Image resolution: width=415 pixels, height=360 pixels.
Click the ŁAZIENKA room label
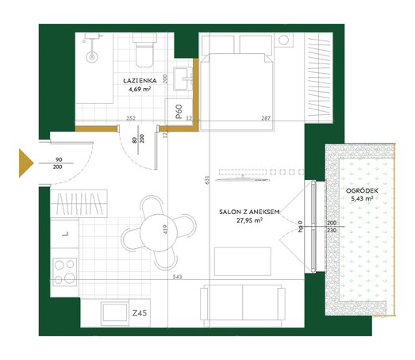tap(140, 80)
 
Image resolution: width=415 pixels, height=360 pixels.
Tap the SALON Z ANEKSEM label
tap(249, 212)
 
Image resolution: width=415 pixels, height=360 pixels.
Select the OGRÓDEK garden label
tap(362, 190)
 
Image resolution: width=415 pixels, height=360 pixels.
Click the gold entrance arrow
tap(26, 163)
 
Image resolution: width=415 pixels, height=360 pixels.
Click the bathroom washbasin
tap(183, 79)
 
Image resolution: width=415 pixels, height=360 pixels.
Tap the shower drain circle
tap(92, 57)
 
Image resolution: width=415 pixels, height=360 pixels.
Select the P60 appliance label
tap(179, 111)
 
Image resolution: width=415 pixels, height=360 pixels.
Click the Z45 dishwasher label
tap(140, 313)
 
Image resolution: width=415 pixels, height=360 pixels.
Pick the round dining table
tap(158, 232)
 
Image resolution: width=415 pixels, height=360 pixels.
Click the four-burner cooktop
tap(64, 272)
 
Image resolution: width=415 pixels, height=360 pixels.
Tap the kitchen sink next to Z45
tap(114, 312)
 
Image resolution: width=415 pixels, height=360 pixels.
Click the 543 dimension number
tap(177, 277)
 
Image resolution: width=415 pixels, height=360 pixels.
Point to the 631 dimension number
tap(207, 180)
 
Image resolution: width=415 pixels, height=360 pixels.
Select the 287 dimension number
tap(266, 118)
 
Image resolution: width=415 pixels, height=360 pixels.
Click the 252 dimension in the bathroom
tap(131, 118)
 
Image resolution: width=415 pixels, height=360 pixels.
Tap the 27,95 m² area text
tap(249, 220)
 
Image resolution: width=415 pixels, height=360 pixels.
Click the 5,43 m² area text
tap(362, 198)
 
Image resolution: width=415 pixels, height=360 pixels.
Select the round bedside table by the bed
tap(283, 40)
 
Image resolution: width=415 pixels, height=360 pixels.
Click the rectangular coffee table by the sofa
tap(243, 262)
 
